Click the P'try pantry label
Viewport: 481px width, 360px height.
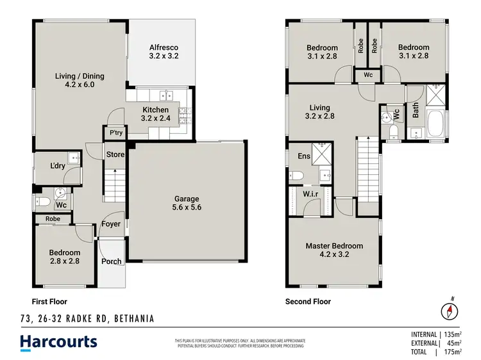click(x=115, y=133)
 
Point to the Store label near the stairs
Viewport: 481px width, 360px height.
click(x=115, y=154)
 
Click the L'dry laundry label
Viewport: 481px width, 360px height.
click(x=58, y=167)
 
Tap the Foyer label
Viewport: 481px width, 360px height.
click(x=112, y=225)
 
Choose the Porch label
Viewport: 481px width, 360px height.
click(x=112, y=261)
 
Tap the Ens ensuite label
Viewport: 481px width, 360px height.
click(x=305, y=156)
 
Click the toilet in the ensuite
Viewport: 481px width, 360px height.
click(x=297, y=176)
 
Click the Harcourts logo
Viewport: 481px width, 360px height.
click(x=58, y=341)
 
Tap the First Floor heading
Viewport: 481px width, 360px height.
click(x=49, y=301)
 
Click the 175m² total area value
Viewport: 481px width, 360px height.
click(x=453, y=352)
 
